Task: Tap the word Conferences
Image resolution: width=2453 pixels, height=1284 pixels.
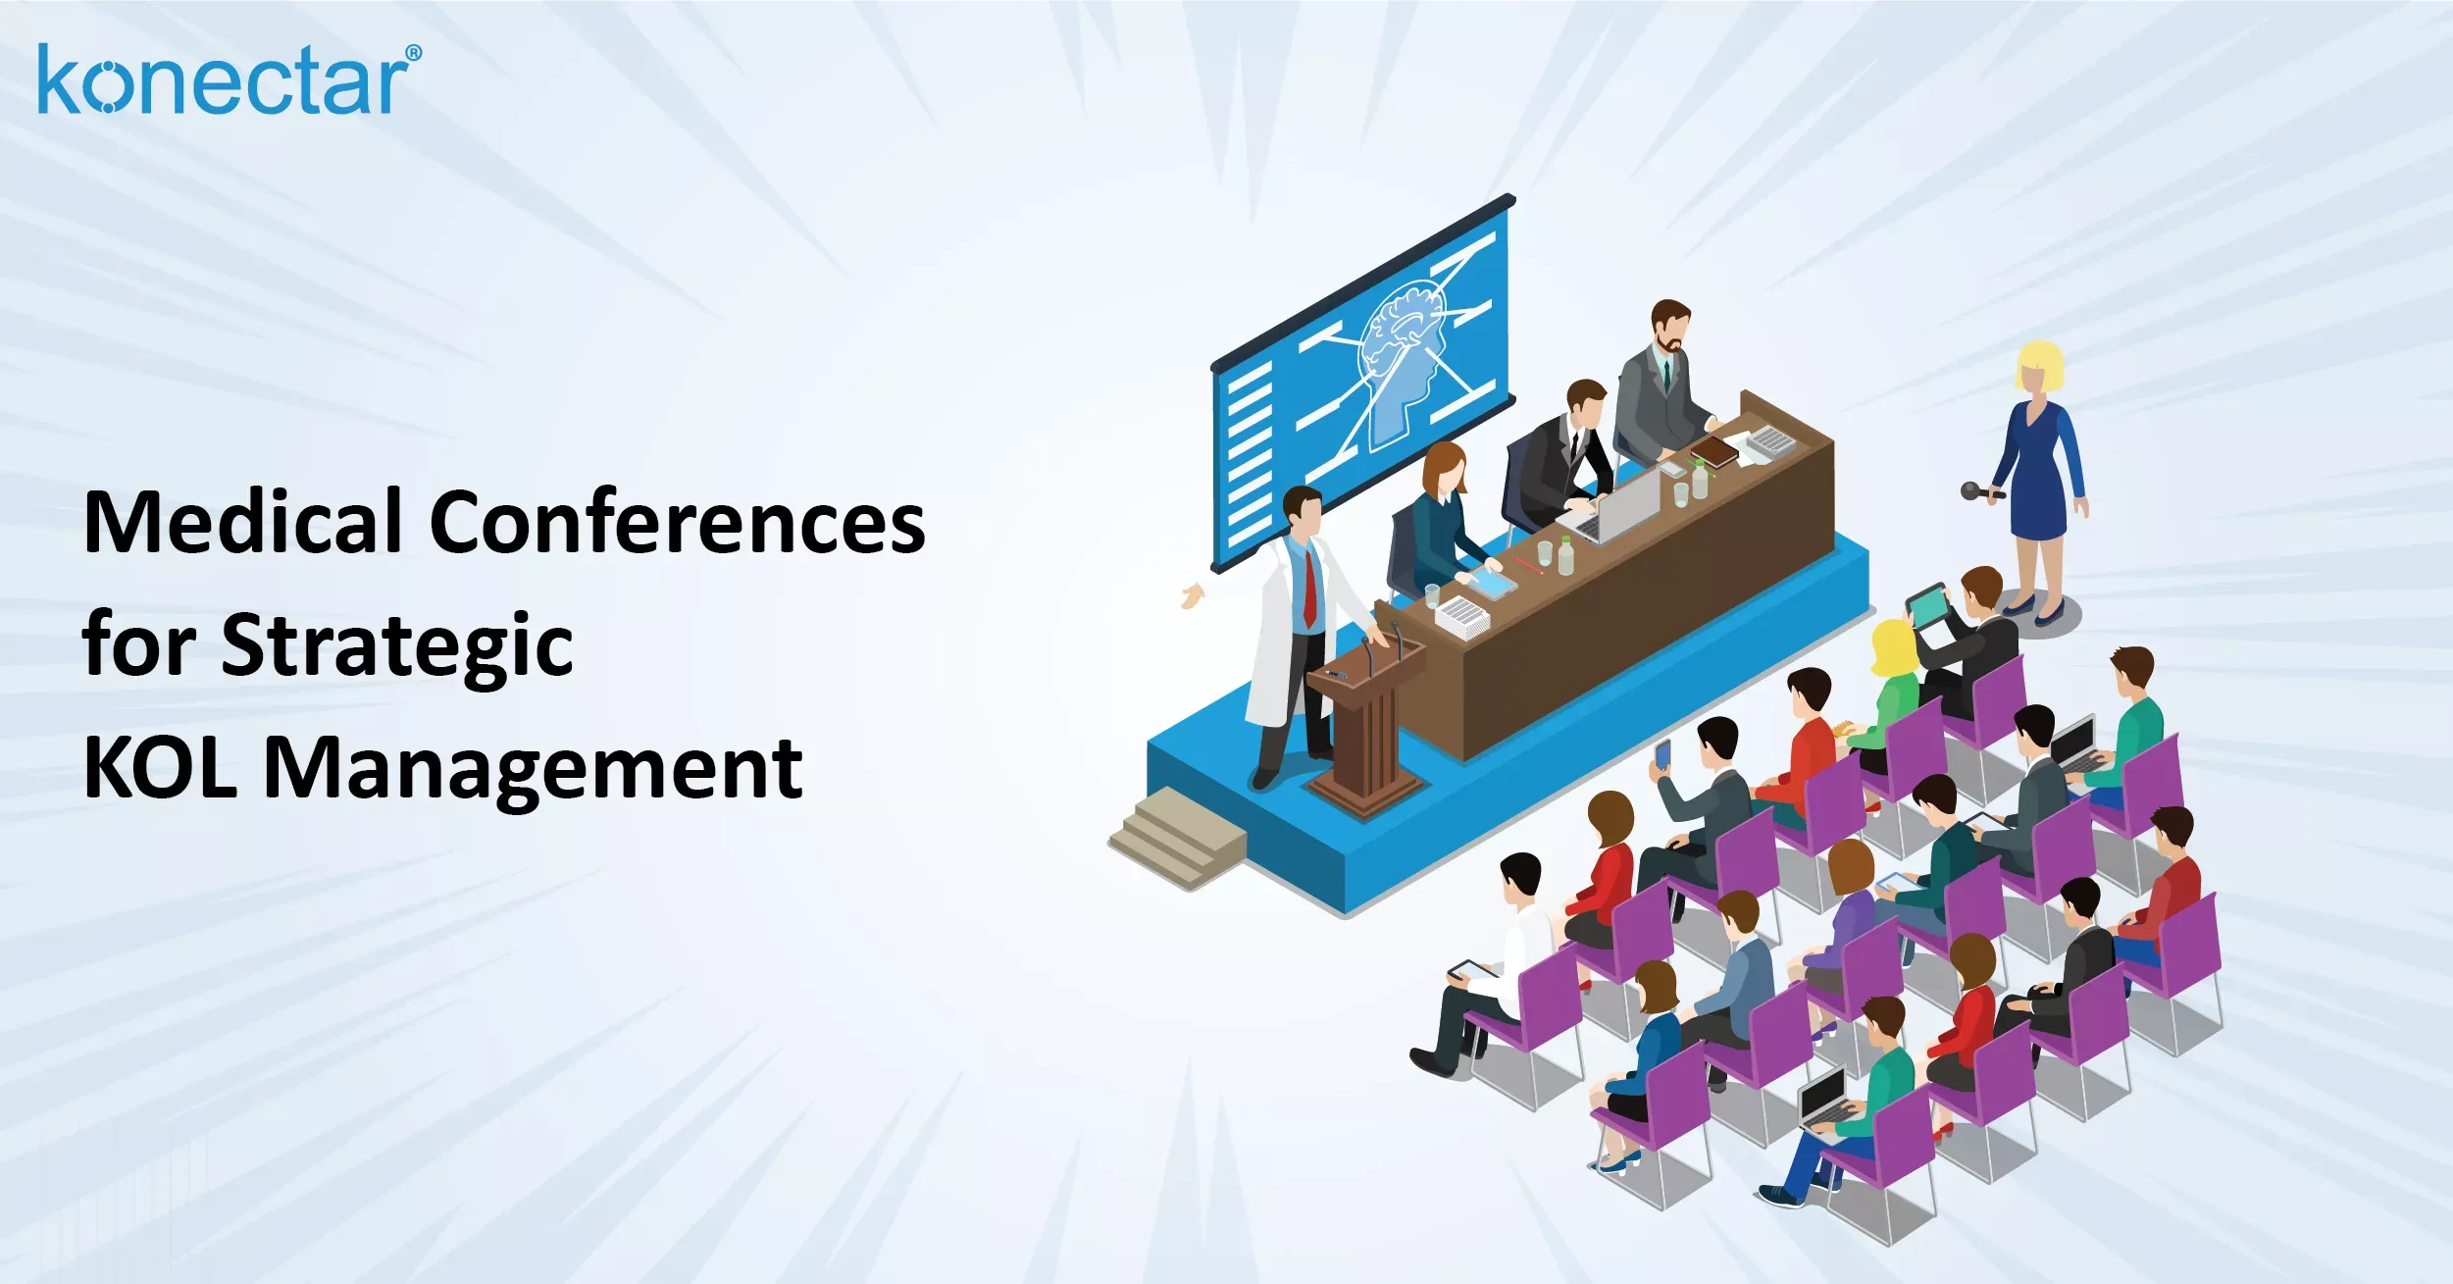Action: (x=677, y=523)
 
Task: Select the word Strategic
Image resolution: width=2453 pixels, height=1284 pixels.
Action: (x=396, y=645)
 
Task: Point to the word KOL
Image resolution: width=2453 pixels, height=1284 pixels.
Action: (x=160, y=768)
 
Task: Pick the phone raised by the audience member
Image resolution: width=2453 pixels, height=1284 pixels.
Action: (x=1662, y=753)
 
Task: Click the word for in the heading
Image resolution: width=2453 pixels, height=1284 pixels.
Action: (x=138, y=645)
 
